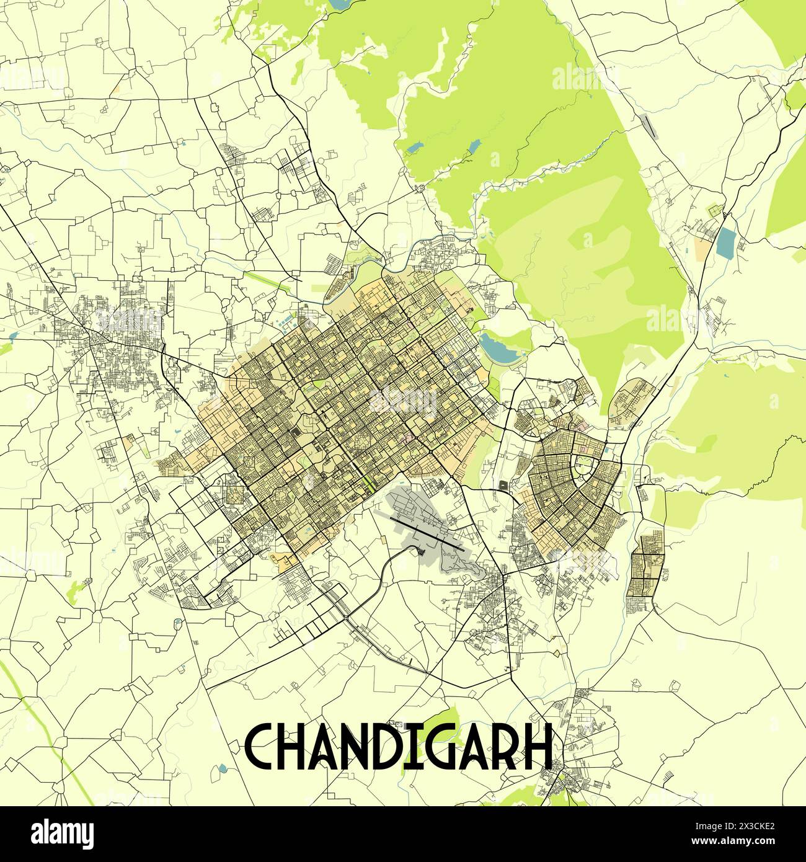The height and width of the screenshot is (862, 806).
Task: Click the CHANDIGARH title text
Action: [398, 746]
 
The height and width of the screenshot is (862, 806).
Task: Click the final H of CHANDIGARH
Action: [538, 746]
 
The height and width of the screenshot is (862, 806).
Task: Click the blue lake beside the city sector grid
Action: [502, 349]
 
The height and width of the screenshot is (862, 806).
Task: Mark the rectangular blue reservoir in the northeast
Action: [724, 243]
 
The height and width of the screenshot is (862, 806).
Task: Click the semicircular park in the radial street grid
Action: [584, 463]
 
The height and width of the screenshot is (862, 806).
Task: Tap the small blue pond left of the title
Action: [223, 769]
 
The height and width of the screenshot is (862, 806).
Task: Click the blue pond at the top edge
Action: [340, 4]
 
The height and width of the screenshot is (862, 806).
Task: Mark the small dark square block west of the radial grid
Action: [502, 485]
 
